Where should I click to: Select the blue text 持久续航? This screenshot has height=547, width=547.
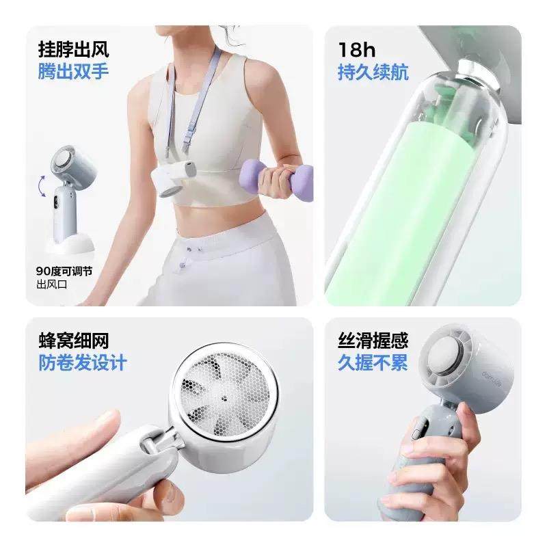(x=373, y=72)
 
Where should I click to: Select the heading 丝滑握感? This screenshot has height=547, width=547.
(x=373, y=341)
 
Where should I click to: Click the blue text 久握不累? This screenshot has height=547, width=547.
(x=373, y=362)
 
